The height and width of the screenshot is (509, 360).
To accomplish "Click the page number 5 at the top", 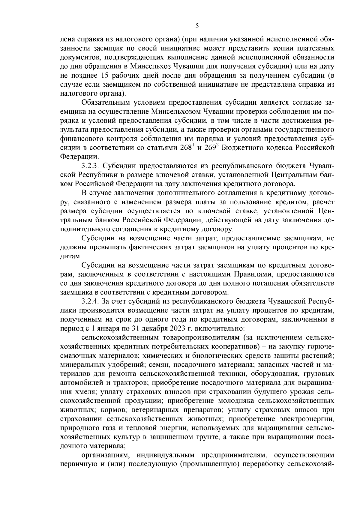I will pos(197,26).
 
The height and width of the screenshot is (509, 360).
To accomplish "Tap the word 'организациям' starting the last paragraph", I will pos(106,455).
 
